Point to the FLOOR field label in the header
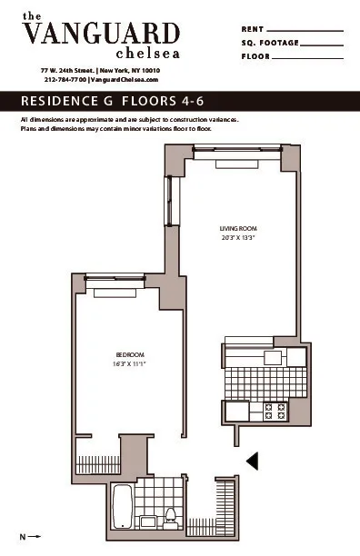click(255, 56)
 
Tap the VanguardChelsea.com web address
click(126, 80)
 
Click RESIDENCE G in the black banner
click(67, 100)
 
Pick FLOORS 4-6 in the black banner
click(160, 100)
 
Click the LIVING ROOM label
click(238, 228)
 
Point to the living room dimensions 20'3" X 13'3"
click(238, 237)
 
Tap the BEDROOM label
click(131, 354)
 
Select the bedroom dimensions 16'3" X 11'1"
click(131, 363)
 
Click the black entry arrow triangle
click(254, 461)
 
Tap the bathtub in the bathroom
click(121, 507)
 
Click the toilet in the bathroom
click(170, 518)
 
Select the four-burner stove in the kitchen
click(275, 411)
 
